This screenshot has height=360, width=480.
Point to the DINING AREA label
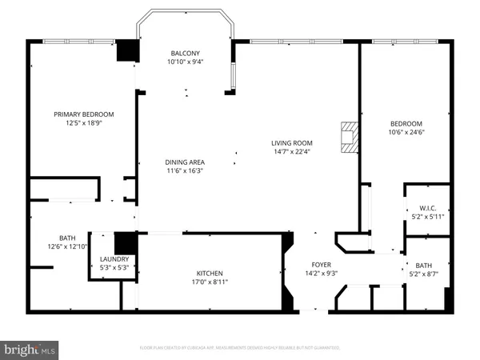coord(185,162)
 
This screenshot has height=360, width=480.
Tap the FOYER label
coord(321,264)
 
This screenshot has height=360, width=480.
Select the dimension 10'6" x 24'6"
coord(406,133)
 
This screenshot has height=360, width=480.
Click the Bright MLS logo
coord(30,349)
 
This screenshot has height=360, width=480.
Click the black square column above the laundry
coord(124,242)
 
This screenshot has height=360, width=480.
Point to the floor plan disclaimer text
coord(240,348)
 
